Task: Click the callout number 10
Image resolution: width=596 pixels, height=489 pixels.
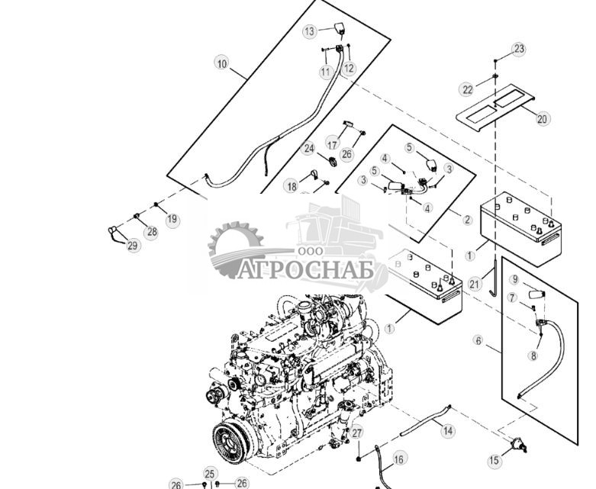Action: [x=221, y=63]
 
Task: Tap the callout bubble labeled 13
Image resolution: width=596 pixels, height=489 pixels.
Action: [x=310, y=31]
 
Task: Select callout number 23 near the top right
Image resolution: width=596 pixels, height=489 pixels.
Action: [x=519, y=49]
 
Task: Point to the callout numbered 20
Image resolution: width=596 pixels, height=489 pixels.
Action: [x=542, y=119]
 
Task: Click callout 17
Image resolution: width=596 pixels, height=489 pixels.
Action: [x=333, y=144]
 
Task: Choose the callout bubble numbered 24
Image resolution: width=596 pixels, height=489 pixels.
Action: [x=308, y=148]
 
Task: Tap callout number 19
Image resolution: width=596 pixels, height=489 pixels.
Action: [x=172, y=219]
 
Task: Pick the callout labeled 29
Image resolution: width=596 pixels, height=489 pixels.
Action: [x=132, y=246]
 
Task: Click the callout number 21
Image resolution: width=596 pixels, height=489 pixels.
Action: [x=474, y=284]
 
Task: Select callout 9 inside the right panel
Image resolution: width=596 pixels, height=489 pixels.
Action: [x=515, y=280]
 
